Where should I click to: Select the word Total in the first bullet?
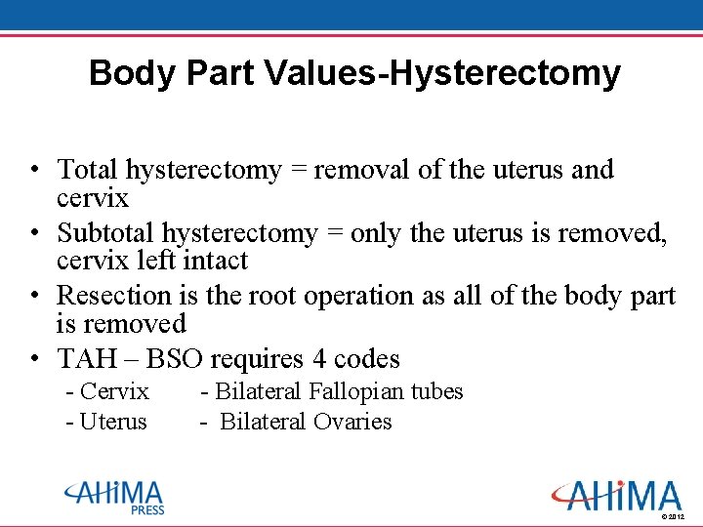[x=86, y=170]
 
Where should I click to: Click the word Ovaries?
[x=352, y=423]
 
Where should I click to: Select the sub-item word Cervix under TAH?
[x=114, y=392]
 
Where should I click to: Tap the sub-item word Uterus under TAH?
[x=113, y=423]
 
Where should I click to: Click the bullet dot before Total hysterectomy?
[x=34, y=171]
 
